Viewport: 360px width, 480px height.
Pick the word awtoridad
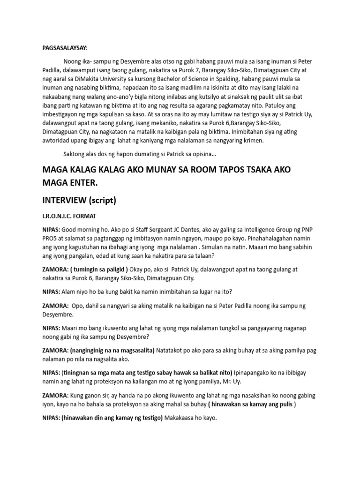60,140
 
